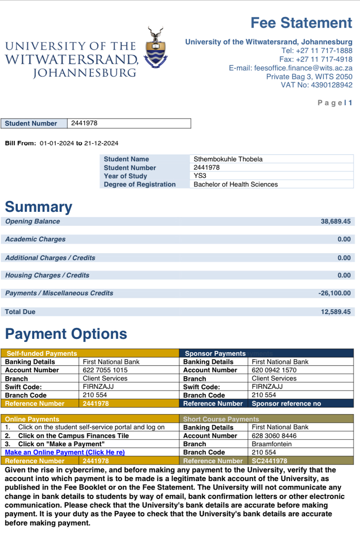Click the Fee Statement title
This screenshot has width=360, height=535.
click(x=301, y=23)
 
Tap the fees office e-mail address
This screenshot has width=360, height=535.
click(x=303, y=68)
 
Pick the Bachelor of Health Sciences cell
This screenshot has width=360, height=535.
click(x=236, y=185)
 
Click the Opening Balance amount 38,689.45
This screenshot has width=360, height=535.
click(x=335, y=222)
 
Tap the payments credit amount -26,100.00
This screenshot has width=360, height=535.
click(x=334, y=293)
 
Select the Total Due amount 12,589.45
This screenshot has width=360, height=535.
click(x=335, y=312)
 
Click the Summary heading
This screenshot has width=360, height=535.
click(x=38, y=207)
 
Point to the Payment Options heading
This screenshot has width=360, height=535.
click(x=66, y=334)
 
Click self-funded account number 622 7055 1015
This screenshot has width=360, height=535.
click(x=105, y=370)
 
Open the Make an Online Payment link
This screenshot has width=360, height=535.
click(x=65, y=453)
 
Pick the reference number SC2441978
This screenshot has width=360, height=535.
click(x=269, y=461)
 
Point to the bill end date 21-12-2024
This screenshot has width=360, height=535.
click(x=101, y=143)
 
